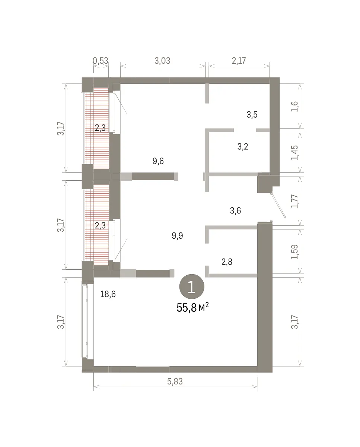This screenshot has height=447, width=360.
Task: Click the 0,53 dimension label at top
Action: (x=101, y=61)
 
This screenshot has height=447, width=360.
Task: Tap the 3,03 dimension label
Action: (x=162, y=61)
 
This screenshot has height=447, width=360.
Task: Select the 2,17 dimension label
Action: (x=239, y=61)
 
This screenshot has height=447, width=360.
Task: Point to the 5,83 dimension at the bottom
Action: (x=175, y=381)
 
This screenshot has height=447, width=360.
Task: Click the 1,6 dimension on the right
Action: (x=294, y=107)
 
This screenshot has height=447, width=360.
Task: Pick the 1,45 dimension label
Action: (x=294, y=153)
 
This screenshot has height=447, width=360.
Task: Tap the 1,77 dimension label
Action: (x=294, y=201)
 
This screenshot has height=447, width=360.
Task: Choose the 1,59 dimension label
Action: (x=294, y=252)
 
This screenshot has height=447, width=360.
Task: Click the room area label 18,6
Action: (x=108, y=294)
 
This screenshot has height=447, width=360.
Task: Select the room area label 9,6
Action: (x=158, y=161)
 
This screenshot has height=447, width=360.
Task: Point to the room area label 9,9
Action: (x=178, y=236)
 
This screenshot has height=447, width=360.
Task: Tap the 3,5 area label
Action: (x=252, y=114)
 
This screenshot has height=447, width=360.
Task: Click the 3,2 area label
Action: (x=243, y=147)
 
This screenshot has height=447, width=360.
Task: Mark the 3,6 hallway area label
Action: (x=235, y=210)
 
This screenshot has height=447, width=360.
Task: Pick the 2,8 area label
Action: (x=227, y=262)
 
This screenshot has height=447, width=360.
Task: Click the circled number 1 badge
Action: (x=192, y=287)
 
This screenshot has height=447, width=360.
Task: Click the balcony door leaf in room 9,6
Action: (x=121, y=103)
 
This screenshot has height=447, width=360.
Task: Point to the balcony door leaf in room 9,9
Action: (x=121, y=250)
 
